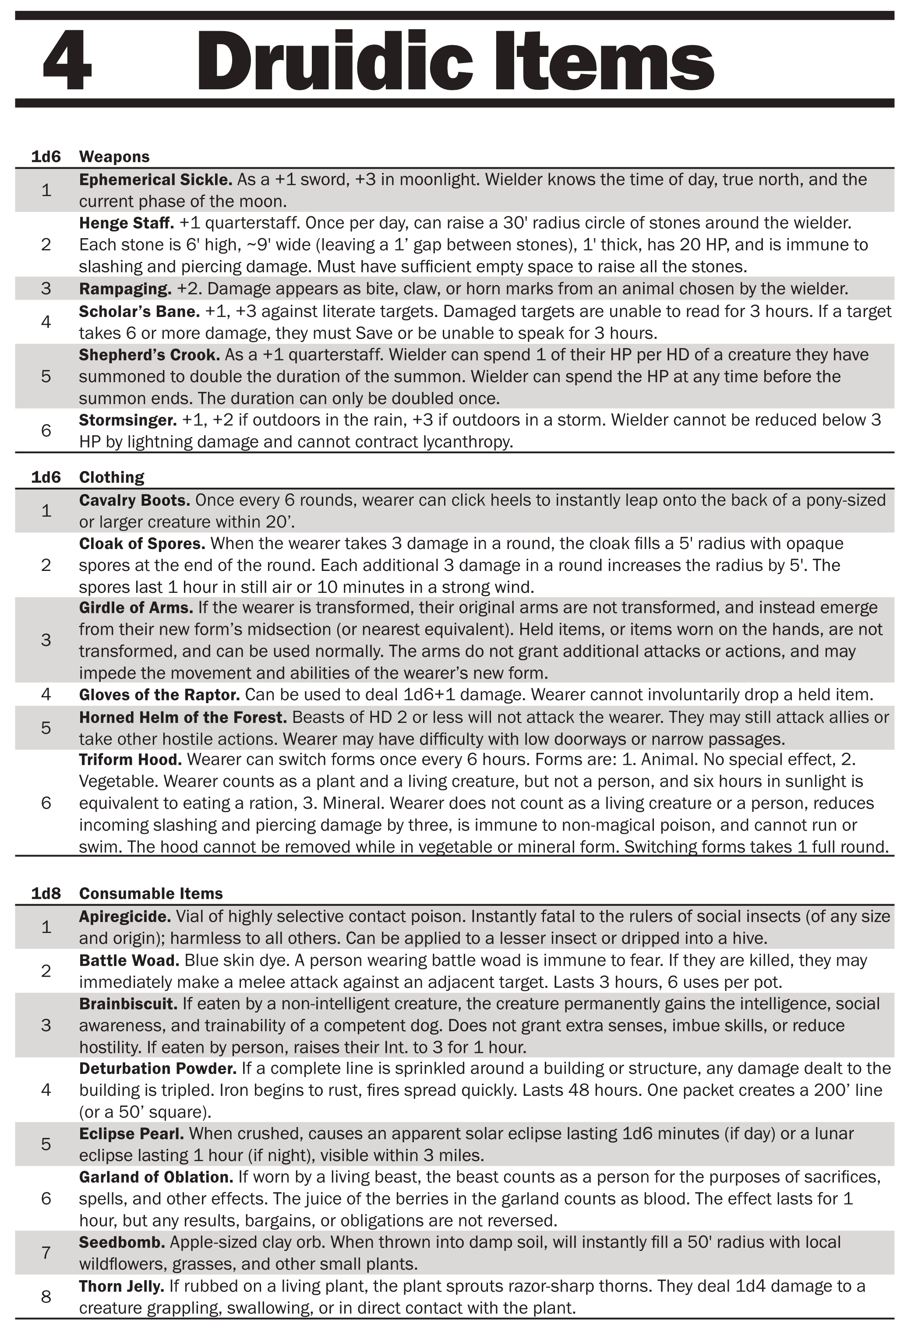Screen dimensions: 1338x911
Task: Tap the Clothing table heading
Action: [112, 477]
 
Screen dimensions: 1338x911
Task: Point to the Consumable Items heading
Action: [151, 893]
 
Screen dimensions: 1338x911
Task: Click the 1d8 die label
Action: [46, 893]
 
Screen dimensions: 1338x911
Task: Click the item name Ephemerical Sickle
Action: [155, 180]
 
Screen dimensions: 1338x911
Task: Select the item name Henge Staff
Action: [126, 223]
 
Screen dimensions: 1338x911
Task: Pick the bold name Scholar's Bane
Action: [139, 311]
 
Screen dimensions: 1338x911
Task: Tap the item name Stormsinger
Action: [128, 420]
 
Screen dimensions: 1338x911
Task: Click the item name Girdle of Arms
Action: [136, 607]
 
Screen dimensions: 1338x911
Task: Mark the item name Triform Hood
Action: [130, 759]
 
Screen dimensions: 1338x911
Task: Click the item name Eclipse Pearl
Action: [131, 1134]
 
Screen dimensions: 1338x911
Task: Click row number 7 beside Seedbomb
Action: [46, 1253]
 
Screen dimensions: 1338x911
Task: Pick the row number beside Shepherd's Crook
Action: [46, 376]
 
